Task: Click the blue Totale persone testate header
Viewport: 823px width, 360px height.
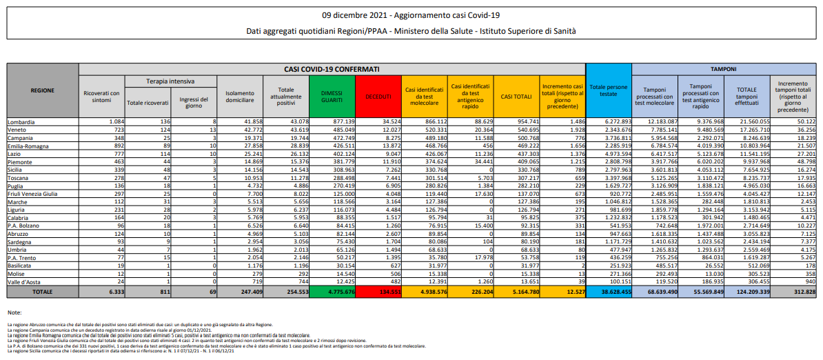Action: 609,90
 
